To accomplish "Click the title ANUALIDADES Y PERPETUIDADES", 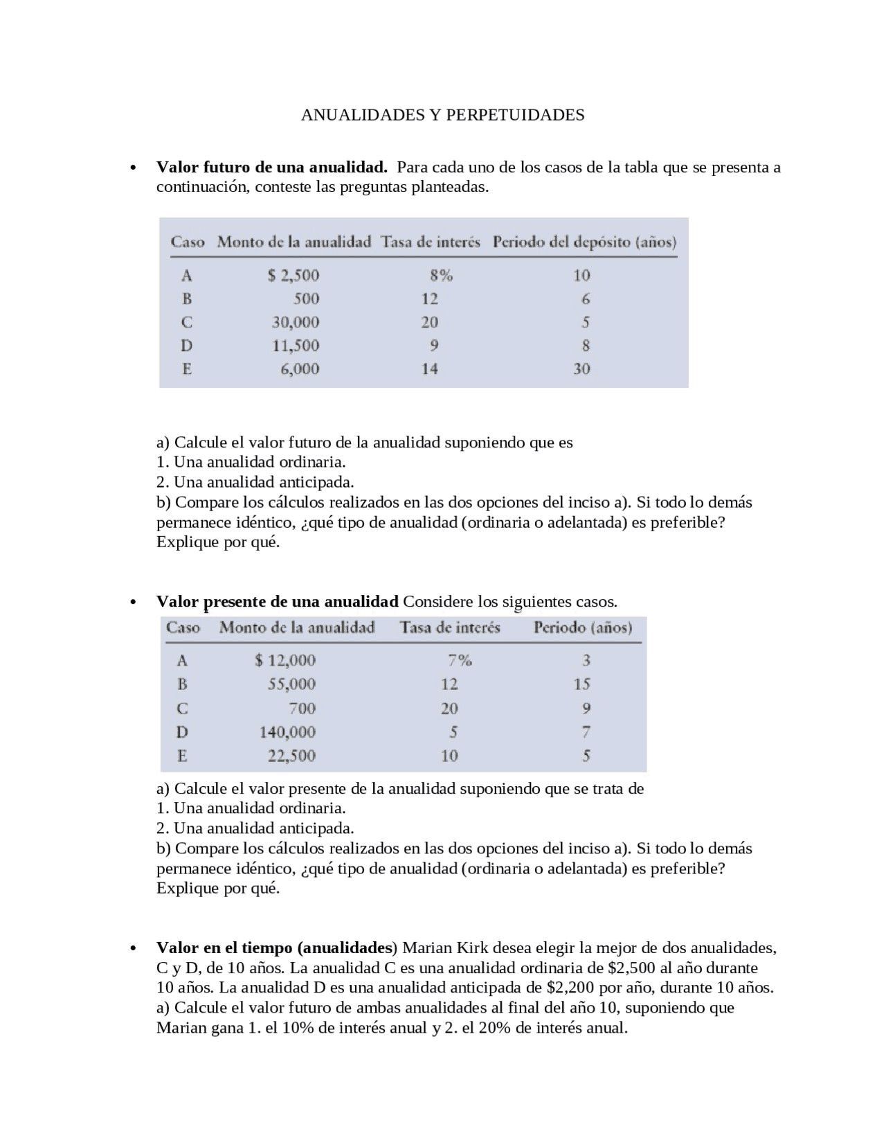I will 442,115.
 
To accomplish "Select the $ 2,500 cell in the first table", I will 293,276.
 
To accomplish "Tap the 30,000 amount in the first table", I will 295,322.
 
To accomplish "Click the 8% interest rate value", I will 441,276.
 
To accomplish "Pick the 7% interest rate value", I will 459,661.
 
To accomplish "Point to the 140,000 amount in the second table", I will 287,732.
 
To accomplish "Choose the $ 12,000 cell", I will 285,661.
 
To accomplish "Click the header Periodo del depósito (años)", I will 584,242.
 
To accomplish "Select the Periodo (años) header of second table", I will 583,628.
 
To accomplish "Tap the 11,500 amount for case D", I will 295,346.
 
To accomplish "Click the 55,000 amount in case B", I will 291,684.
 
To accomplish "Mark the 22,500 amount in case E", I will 291,756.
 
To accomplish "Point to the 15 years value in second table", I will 581,684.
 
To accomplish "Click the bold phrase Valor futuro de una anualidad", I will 271,168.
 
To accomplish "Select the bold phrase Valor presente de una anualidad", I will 277,601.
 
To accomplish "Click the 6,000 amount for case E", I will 300,369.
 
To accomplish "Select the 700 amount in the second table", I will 302,709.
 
